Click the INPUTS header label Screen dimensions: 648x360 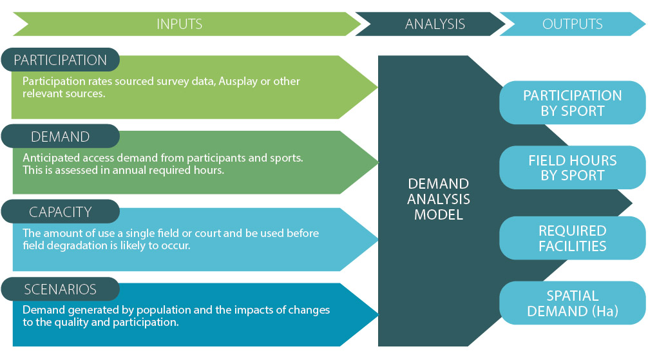pyautogui.click(x=179, y=24)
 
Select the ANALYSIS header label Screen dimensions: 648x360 pyautogui.click(x=435, y=24)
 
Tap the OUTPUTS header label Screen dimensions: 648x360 pyautogui.click(x=573, y=24)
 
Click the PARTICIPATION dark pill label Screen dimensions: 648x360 pyautogui.click(x=61, y=60)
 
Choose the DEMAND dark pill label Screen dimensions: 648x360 pyautogui.click(x=61, y=137)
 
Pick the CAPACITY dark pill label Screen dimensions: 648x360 pyautogui.click(x=61, y=212)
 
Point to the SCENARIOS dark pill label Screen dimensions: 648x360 pyautogui.click(x=61, y=289)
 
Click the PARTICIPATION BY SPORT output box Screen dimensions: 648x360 pyautogui.click(x=573, y=103)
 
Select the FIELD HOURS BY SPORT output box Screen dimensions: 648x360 pyautogui.click(x=573, y=167)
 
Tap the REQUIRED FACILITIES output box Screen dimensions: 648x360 pyautogui.click(x=573, y=238)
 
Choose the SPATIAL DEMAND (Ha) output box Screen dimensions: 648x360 pyautogui.click(x=573, y=303)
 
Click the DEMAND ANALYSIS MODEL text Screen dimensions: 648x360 pyautogui.click(x=439, y=199)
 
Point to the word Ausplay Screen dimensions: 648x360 pyautogui.click(x=238, y=81)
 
